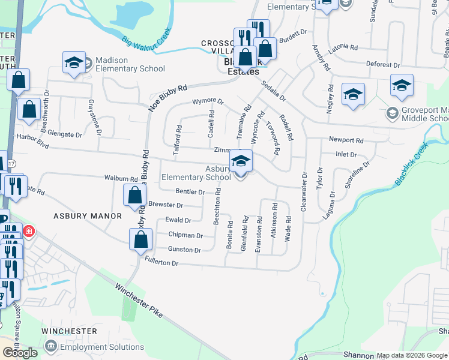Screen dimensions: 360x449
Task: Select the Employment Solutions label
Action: tap(102, 347)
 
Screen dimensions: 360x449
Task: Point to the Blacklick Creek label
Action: tap(411, 165)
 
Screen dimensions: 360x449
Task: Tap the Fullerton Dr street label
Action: tap(162, 263)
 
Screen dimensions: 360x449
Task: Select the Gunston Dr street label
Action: tap(184, 250)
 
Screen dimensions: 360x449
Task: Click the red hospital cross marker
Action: tap(28, 231)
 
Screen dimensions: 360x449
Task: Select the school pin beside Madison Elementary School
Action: tap(74, 63)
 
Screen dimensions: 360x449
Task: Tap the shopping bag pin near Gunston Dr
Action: tap(140, 240)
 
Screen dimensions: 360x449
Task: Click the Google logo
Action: tap(20, 353)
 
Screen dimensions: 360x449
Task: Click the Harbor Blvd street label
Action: tap(33, 144)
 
